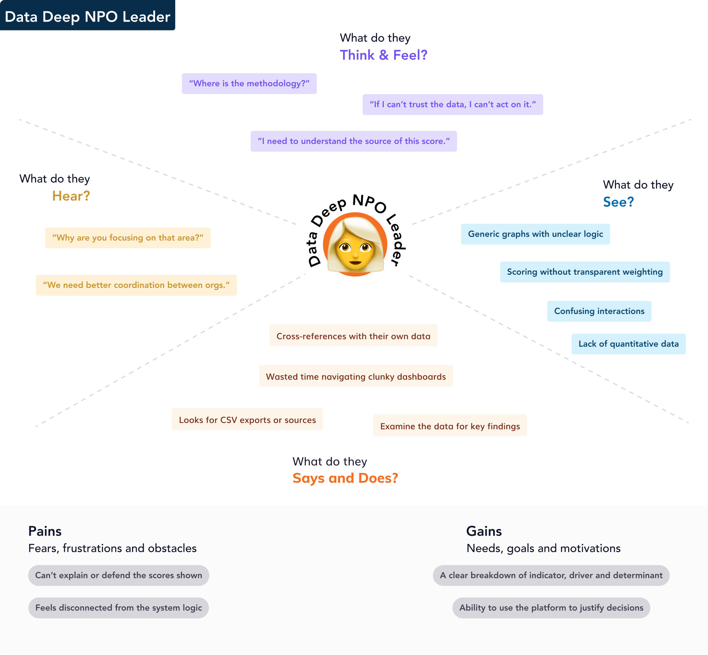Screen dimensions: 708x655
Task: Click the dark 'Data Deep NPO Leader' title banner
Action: tap(87, 15)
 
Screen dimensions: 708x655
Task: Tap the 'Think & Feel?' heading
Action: tap(383, 55)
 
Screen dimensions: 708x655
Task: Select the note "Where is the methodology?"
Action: tap(249, 84)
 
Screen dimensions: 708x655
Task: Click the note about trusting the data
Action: tap(453, 105)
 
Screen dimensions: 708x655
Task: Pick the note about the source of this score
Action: tap(354, 141)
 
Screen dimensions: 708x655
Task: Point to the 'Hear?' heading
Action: tap(71, 196)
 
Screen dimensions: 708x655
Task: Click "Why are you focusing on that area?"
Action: tap(128, 238)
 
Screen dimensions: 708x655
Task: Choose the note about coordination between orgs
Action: tap(136, 285)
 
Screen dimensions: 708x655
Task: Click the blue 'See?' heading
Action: tap(618, 202)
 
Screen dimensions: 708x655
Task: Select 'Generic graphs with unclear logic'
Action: tap(535, 234)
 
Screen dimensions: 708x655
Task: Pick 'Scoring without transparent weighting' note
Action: tap(585, 272)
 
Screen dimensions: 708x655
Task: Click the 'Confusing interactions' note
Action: tap(599, 312)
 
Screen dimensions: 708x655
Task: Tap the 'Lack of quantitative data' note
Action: tap(629, 344)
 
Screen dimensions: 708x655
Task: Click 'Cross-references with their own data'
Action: tap(353, 336)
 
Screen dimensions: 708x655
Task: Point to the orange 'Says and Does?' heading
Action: tap(345, 478)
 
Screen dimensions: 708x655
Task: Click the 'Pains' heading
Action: tap(45, 531)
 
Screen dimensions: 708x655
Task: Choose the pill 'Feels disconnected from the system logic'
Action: tap(119, 608)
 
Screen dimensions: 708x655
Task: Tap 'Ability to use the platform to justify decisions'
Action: tap(551, 608)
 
